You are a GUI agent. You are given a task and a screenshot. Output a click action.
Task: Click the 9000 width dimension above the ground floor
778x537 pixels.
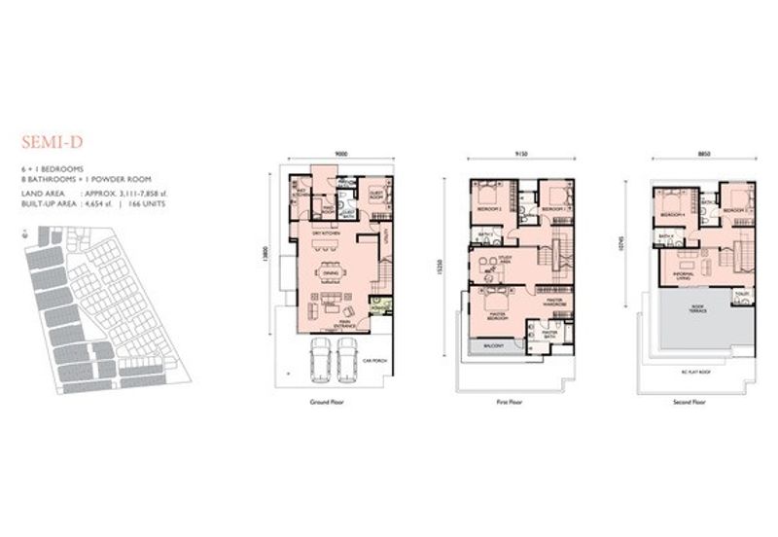[340, 154]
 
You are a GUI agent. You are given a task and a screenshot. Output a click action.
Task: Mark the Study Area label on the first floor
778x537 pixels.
[505, 259]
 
